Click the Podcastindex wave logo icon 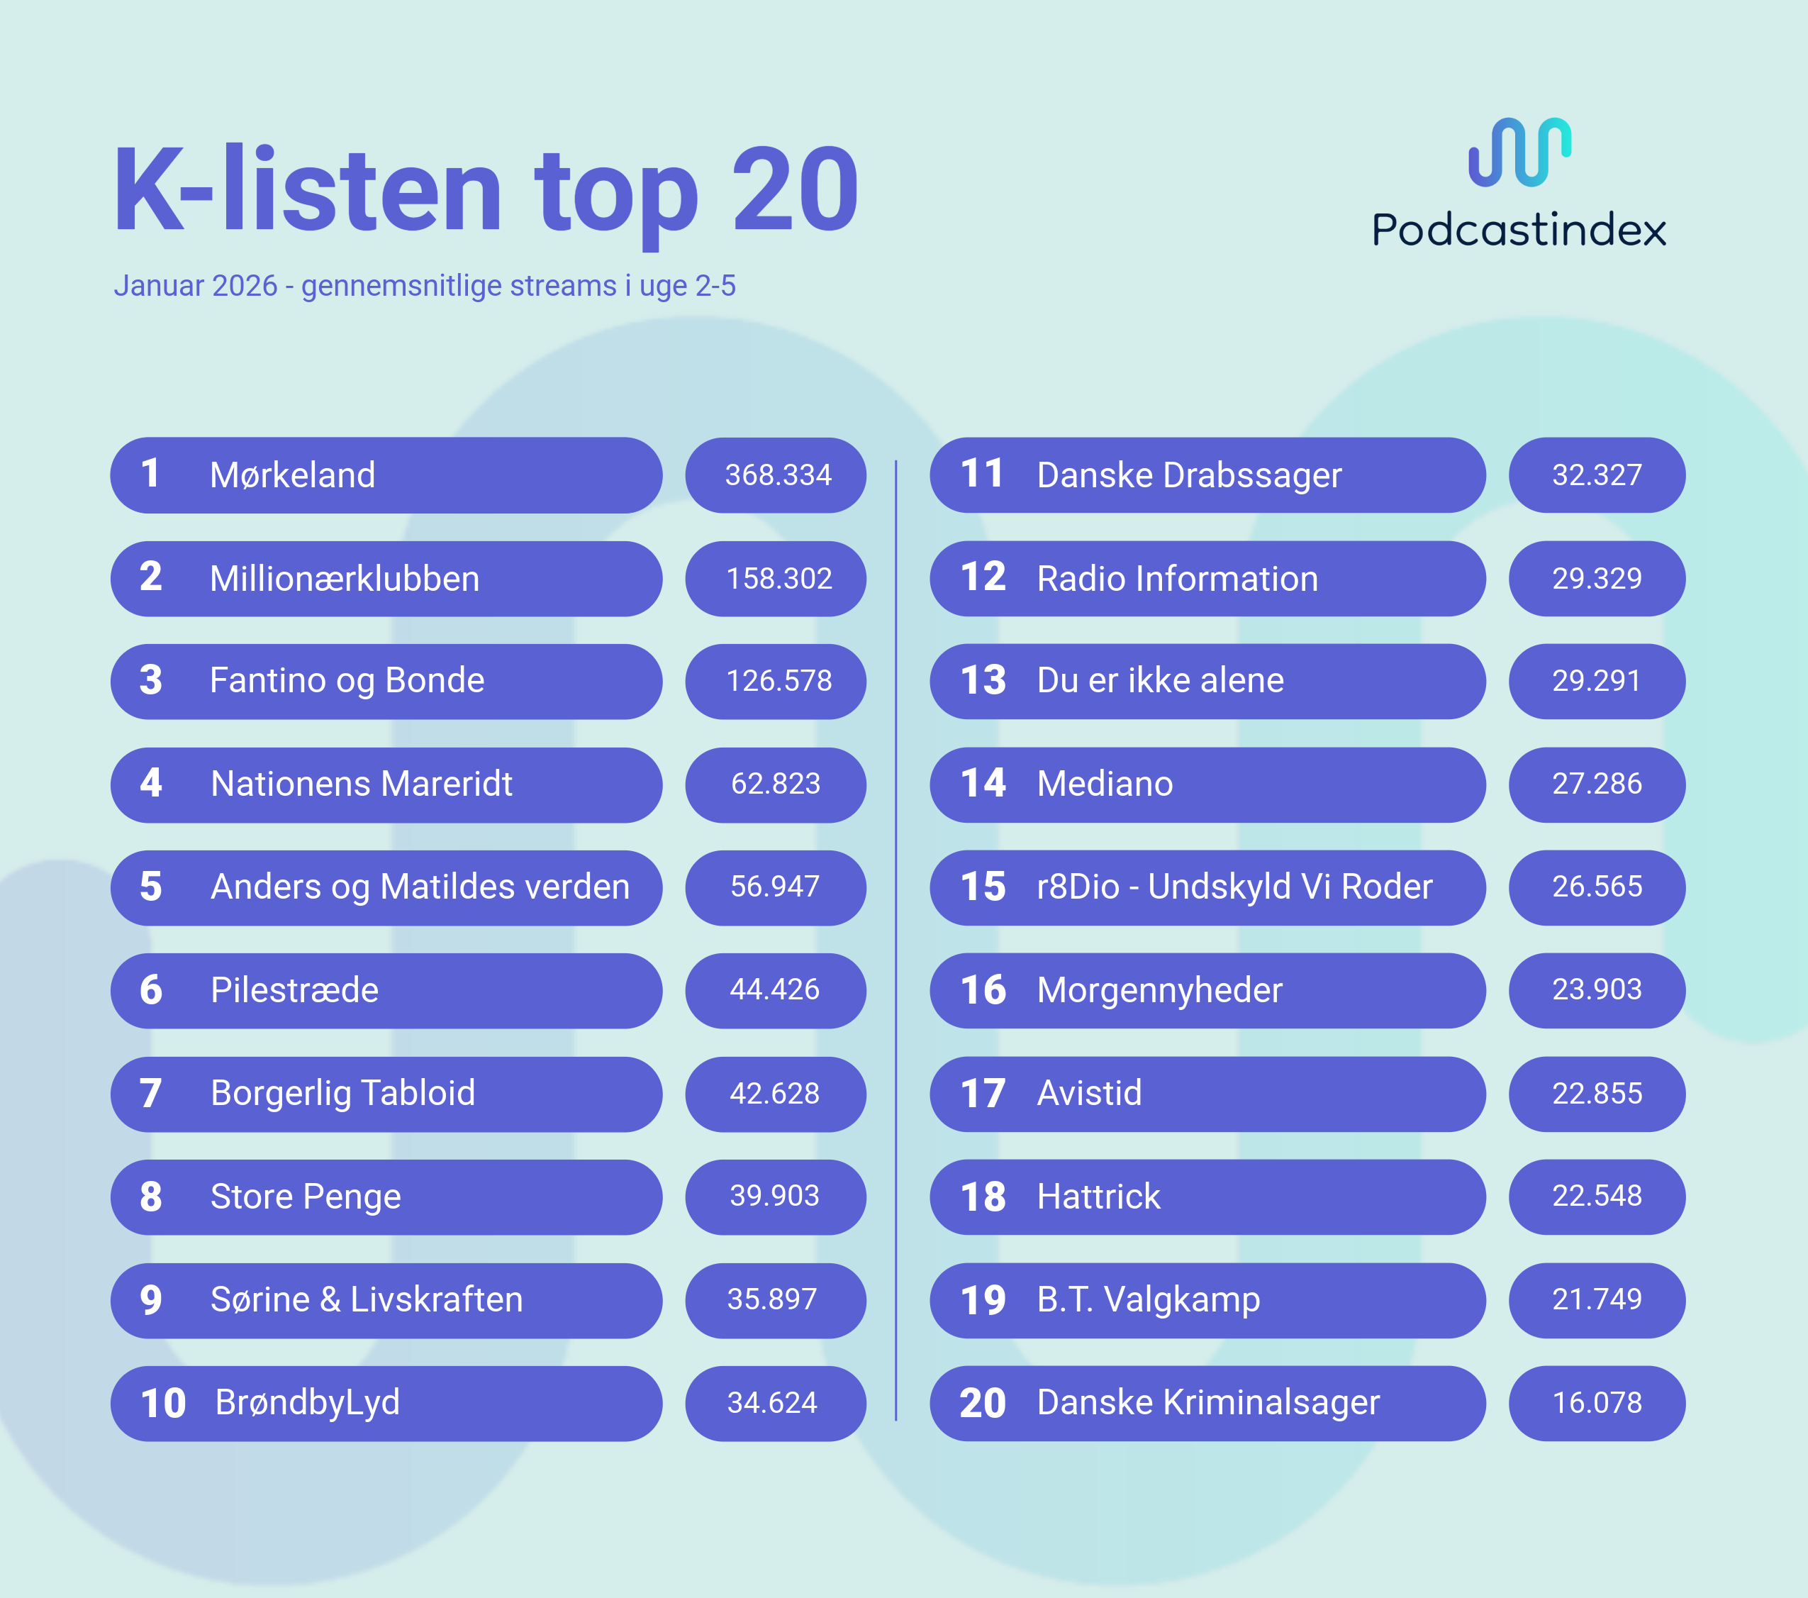1519,152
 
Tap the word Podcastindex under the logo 1519,230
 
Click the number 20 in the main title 794,190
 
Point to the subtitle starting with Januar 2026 425,286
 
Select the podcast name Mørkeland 292,475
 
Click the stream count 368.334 778,475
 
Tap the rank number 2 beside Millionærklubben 150,578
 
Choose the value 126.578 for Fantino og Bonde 779,680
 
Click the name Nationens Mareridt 361,784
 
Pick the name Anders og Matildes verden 419,887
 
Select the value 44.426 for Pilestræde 775,989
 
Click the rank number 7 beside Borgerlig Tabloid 150,1094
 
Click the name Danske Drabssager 1189,475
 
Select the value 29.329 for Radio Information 1597,578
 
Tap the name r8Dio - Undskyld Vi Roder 1234,887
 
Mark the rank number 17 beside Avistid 983,1094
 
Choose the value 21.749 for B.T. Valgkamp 1597,1299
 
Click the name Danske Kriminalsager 1207,1402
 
